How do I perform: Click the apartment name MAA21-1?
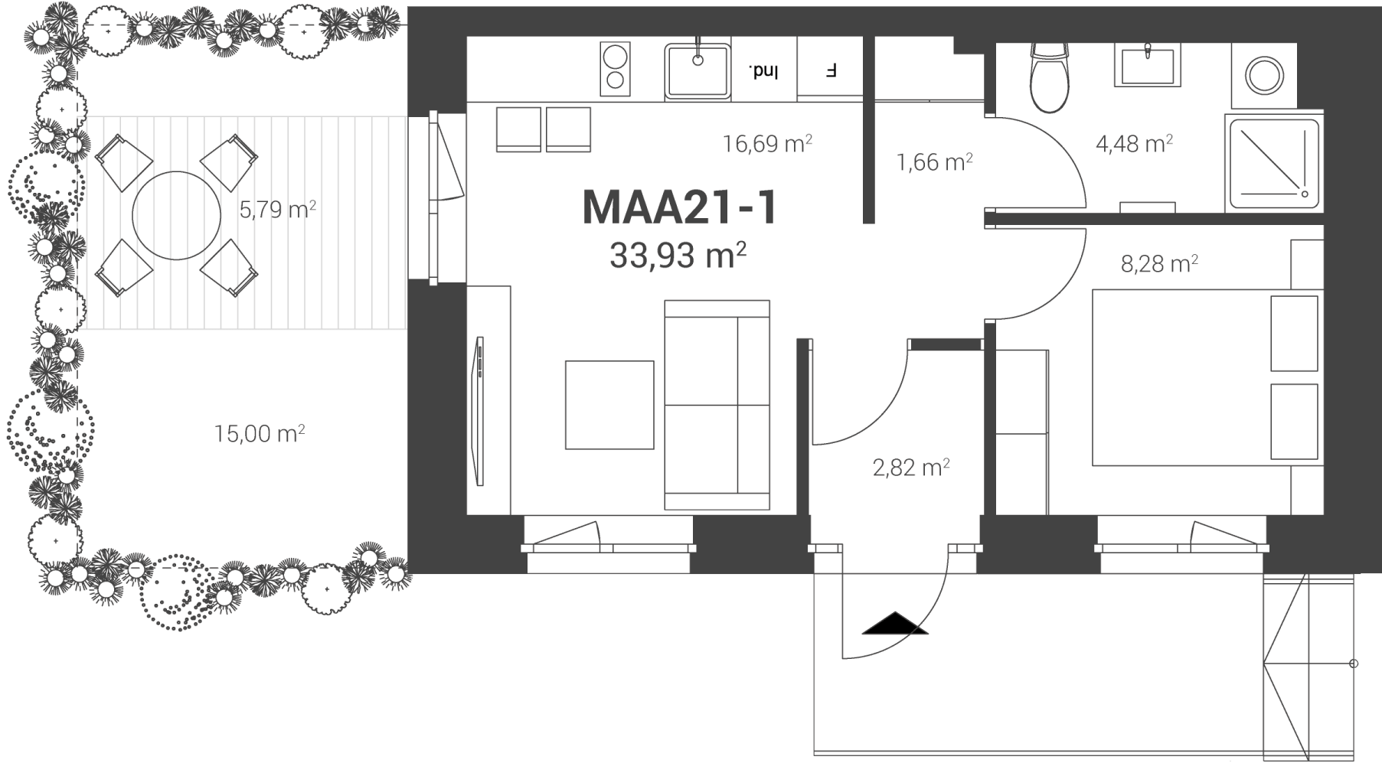[680, 207]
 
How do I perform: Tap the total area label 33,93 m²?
[678, 256]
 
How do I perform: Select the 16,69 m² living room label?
[767, 143]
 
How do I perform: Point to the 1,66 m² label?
[934, 162]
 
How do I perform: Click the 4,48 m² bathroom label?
[1134, 143]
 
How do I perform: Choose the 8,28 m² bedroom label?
[1159, 264]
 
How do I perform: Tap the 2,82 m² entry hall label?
[911, 467]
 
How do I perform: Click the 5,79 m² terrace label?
[278, 209]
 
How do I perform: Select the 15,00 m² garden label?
[260, 434]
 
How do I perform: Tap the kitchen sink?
[697, 70]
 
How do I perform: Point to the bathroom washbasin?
[1148, 64]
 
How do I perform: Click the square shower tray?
[1273, 162]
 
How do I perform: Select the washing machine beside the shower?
[1264, 75]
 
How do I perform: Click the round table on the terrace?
[176, 215]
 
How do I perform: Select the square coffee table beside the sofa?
[609, 405]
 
